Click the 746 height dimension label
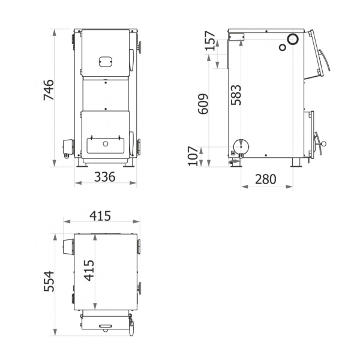[49, 90]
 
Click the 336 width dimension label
[104, 177]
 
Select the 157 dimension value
[210, 41]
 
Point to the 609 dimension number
[203, 104]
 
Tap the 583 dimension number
[236, 95]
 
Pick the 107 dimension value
[193, 156]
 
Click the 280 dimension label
[266, 179]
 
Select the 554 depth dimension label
[49, 281]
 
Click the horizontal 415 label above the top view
[100, 216]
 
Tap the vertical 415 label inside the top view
[89, 271]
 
